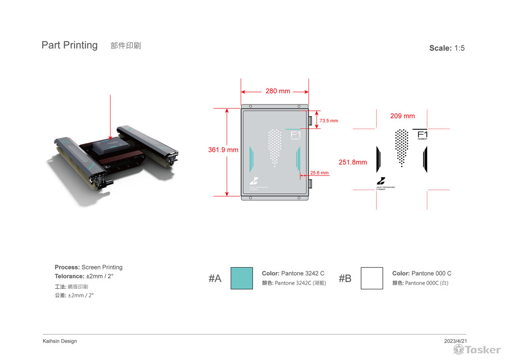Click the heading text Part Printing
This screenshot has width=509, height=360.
(x=69, y=45)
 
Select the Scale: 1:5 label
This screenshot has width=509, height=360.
(x=447, y=48)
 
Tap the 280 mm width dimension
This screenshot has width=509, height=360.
(x=277, y=91)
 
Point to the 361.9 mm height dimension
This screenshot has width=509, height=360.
(x=223, y=150)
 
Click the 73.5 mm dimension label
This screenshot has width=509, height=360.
(x=328, y=121)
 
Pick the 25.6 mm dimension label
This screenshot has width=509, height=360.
(x=319, y=173)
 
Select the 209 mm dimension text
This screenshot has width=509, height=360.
(x=402, y=116)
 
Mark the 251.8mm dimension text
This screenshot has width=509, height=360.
(x=353, y=162)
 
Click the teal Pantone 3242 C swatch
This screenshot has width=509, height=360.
(x=241, y=278)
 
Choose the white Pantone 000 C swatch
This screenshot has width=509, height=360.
(x=372, y=278)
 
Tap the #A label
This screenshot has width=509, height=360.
(x=215, y=279)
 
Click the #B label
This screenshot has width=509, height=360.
(x=345, y=279)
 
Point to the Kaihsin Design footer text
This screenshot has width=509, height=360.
(x=60, y=341)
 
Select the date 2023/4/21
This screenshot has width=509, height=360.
(x=455, y=341)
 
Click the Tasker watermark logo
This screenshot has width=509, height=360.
(x=477, y=349)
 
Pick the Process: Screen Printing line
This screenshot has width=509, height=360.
(x=89, y=267)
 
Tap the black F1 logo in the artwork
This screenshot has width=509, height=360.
(x=422, y=134)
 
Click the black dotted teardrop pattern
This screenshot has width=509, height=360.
(x=402, y=146)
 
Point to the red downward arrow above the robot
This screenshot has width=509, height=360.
(x=110, y=117)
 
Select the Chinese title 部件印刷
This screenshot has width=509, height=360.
(x=125, y=46)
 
